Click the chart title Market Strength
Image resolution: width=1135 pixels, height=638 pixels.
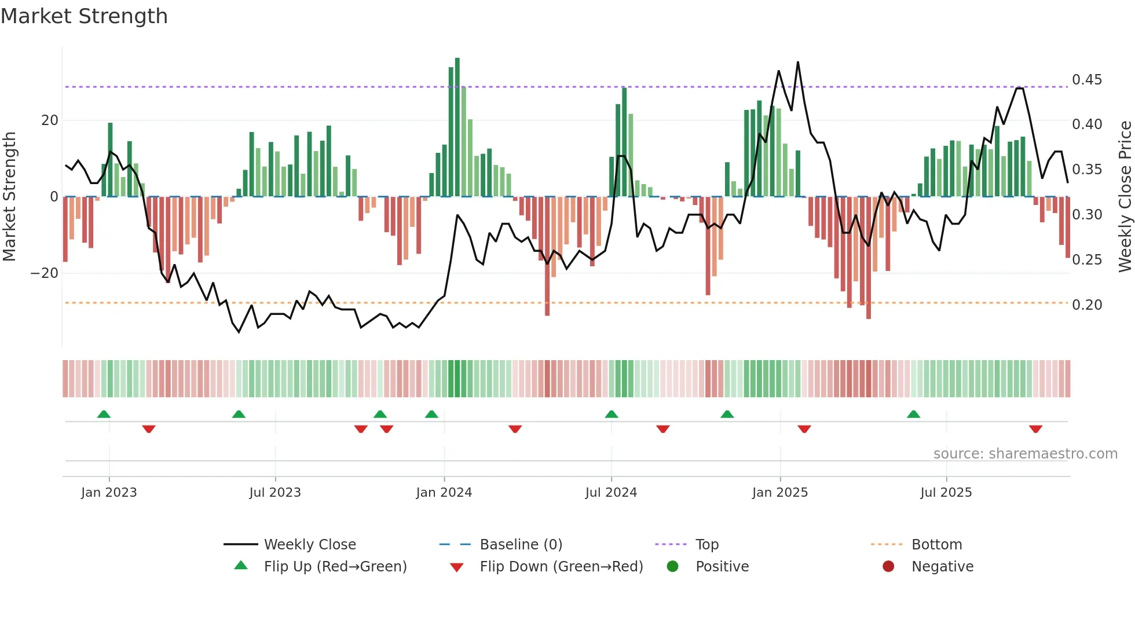(x=84, y=16)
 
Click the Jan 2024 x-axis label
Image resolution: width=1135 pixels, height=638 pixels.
(x=444, y=493)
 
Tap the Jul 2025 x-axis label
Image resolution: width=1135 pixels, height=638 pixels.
(x=946, y=493)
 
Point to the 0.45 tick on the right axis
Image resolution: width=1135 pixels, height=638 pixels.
(x=1086, y=80)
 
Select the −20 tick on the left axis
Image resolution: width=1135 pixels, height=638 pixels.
(x=45, y=273)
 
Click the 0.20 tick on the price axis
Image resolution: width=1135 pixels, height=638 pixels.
(x=1086, y=305)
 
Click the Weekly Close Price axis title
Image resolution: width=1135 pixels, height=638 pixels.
(x=1125, y=197)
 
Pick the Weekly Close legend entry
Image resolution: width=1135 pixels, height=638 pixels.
(x=309, y=545)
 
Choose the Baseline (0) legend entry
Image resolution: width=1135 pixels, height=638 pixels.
(x=521, y=545)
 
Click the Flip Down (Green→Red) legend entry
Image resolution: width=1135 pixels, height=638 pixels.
(x=561, y=567)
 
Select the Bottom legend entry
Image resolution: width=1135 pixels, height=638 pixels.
(x=936, y=545)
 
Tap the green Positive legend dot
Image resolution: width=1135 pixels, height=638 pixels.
(x=672, y=567)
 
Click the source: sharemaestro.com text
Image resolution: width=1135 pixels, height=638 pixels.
(x=1025, y=454)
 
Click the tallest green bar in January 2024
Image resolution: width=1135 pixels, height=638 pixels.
(x=457, y=127)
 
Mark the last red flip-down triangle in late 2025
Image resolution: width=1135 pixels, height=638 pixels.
(x=1035, y=429)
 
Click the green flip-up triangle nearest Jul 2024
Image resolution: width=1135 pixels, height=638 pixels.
(x=612, y=414)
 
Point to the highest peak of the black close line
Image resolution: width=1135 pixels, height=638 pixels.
(x=798, y=63)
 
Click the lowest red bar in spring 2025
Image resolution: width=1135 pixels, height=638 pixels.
(x=868, y=258)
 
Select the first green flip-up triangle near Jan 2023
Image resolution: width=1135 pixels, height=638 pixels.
(x=104, y=414)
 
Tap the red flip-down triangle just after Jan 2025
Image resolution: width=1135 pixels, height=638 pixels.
(x=804, y=429)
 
